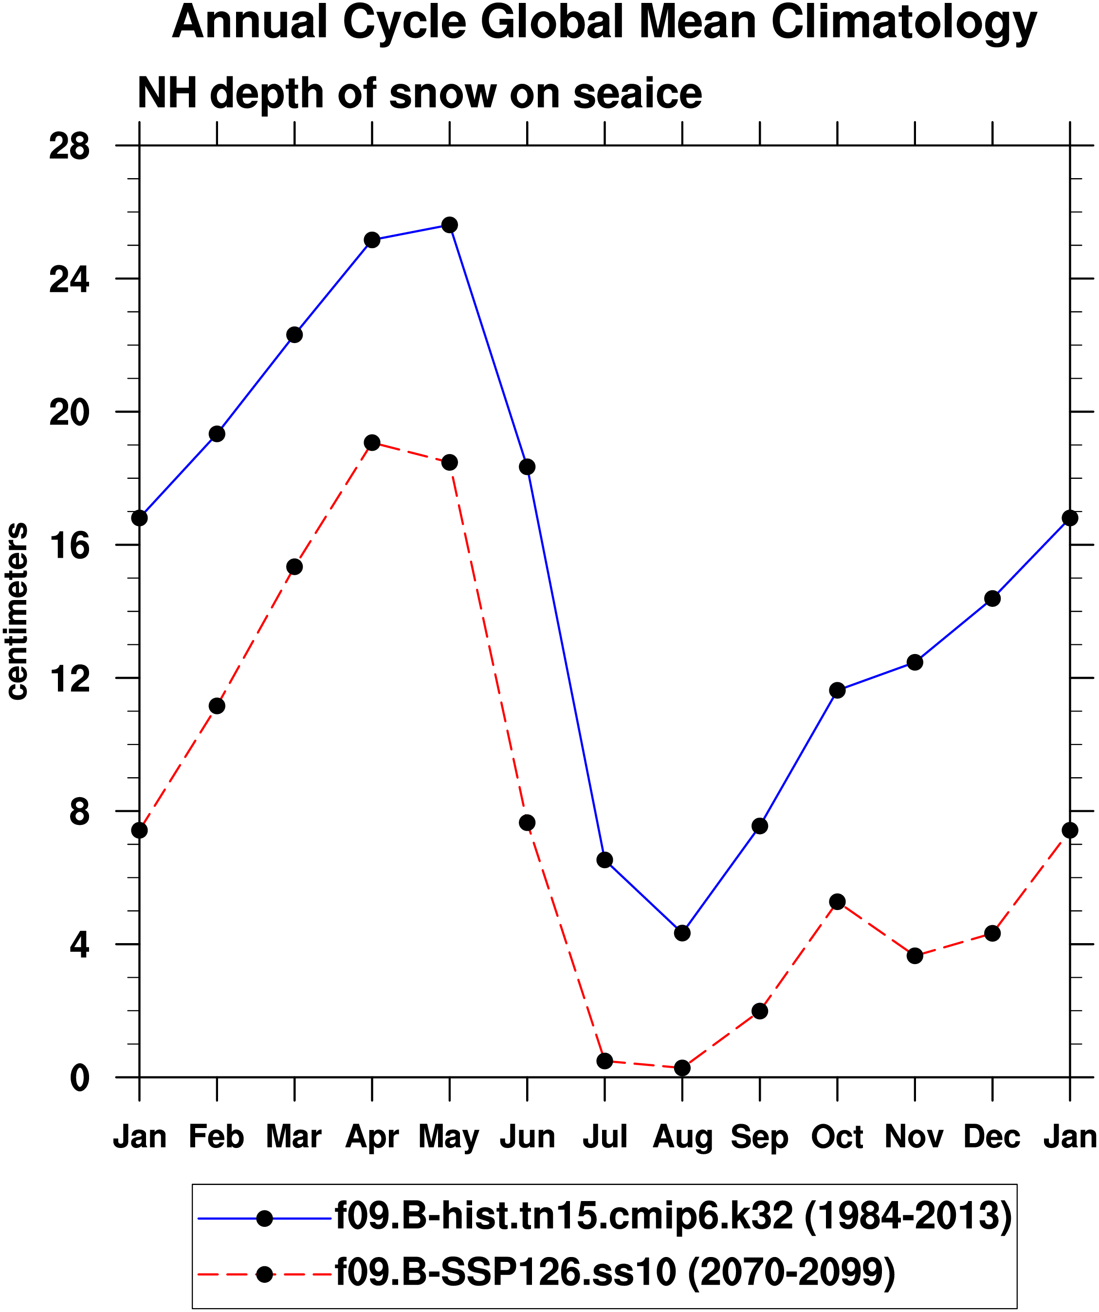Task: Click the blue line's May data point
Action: pos(449,225)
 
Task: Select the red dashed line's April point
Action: pos(372,443)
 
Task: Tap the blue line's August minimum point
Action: pos(682,933)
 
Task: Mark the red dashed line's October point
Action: pos(837,902)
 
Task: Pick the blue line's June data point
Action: pos(527,467)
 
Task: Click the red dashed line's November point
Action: pos(915,956)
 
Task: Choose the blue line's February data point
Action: pos(217,434)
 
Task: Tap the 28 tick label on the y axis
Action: pos(69,147)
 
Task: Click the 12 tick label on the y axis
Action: pos(69,679)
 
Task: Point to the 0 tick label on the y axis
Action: pos(79,1078)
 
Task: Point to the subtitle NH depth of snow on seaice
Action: pos(420,94)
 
